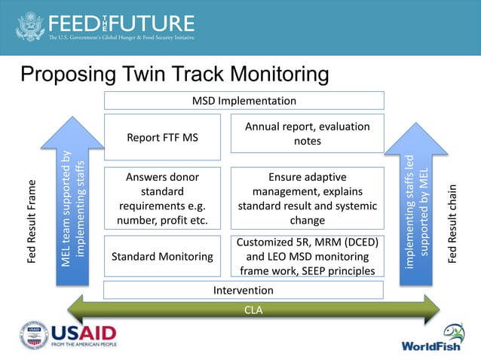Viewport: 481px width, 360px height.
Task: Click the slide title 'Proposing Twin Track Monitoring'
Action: [x=174, y=75]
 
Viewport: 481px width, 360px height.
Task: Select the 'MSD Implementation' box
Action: [x=244, y=101]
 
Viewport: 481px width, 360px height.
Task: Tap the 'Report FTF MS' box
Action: [x=162, y=137]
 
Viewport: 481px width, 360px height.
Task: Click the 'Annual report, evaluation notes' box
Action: [x=307, y=134]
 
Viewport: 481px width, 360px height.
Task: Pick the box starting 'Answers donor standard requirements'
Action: [x=162, y=198]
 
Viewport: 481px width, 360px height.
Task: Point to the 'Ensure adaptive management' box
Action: [x=307, y=198]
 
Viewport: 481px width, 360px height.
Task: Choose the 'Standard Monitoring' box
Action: [x=162, y=257]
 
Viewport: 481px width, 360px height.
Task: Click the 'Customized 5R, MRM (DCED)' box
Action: [x=307, y=256]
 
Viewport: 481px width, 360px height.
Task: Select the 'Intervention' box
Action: [x=244, y=290]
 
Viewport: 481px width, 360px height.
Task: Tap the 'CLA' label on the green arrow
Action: [x=253, y=310]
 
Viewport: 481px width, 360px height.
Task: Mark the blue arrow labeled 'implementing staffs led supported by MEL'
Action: [x=417, y=211]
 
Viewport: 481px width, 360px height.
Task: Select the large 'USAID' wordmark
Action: [x=83, y=332]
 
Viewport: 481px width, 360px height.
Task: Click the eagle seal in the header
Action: [x=30, y=26]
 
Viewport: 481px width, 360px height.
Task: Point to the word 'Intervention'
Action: [x=244, y=290]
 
